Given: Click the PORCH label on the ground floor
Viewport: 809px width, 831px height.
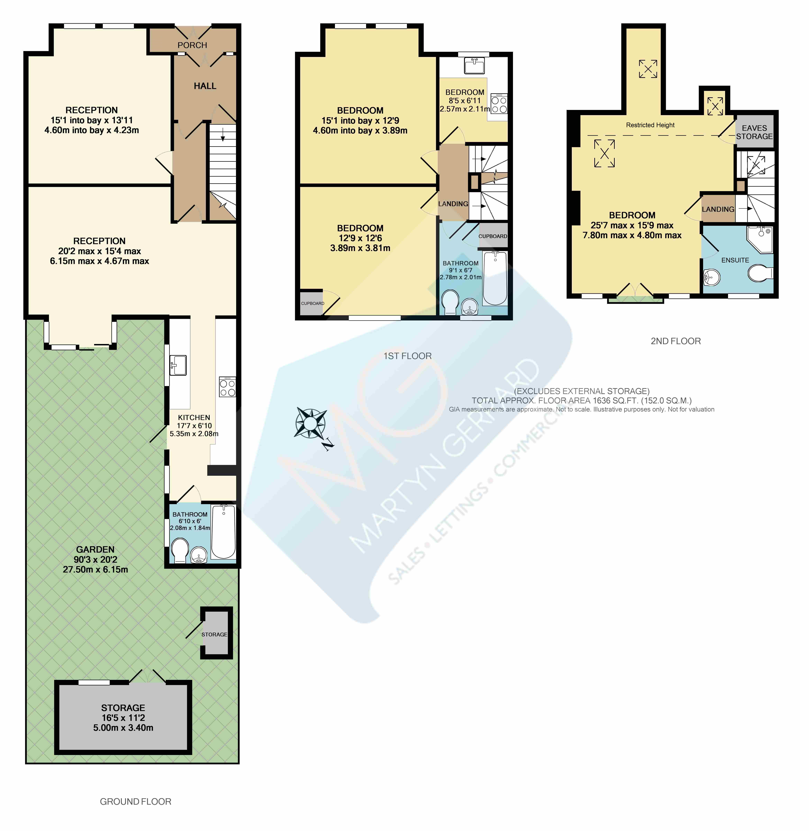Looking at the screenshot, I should click(192, 45).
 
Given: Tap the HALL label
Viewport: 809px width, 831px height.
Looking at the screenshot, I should click(205, 86).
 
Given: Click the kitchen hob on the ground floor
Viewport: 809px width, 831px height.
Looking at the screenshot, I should click(227, 387).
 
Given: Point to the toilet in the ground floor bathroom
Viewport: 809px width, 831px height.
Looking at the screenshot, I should click(180, 551).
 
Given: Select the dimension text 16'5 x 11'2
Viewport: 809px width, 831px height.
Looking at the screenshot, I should click(123, 717).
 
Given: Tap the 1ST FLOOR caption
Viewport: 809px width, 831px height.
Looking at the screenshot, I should click(407, 356).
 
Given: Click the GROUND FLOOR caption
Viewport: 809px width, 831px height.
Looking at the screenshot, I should click(135, 801).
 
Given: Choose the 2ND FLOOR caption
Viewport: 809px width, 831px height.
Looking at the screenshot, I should click(676, 341).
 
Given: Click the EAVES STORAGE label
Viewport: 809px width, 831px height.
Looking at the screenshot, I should click(754, 132).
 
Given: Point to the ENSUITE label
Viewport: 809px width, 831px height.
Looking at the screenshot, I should click(735, 260).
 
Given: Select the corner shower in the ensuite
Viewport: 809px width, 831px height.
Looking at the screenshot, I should click(761, 239).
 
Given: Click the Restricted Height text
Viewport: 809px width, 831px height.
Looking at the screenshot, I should click(650, 125).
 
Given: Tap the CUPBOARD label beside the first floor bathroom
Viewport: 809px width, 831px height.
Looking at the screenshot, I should click(493, 236).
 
